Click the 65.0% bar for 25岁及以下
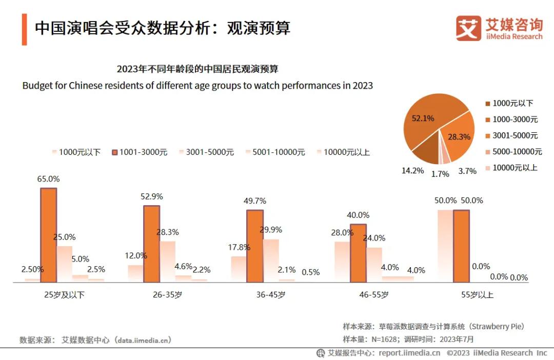[49, 235]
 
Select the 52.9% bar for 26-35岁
[152, 244]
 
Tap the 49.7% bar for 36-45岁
[255, 246]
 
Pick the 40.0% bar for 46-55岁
[358, 253]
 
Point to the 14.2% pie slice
[425, 151]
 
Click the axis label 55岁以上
[477, 295]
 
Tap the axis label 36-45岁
[271, 295]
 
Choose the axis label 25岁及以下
[65, 295]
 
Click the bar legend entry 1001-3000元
[140, 152]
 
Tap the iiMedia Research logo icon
[468, 28]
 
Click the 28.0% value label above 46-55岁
[343, 232]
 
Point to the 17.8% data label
[239, 247]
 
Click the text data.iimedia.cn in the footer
[143, 340]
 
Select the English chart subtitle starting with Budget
[197, 85]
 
